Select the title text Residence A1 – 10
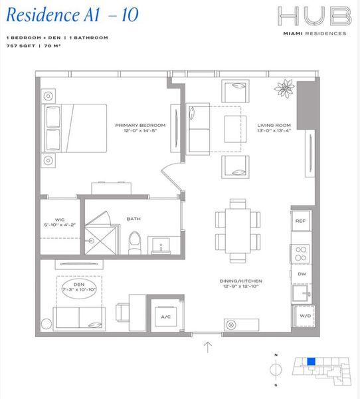72,15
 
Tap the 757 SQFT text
20,47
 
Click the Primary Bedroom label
139,128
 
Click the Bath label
134,218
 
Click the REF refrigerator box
300,221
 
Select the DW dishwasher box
300,273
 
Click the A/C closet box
166,317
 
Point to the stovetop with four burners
300,253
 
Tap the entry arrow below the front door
209,346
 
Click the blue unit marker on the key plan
310,362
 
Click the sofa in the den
78,316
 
